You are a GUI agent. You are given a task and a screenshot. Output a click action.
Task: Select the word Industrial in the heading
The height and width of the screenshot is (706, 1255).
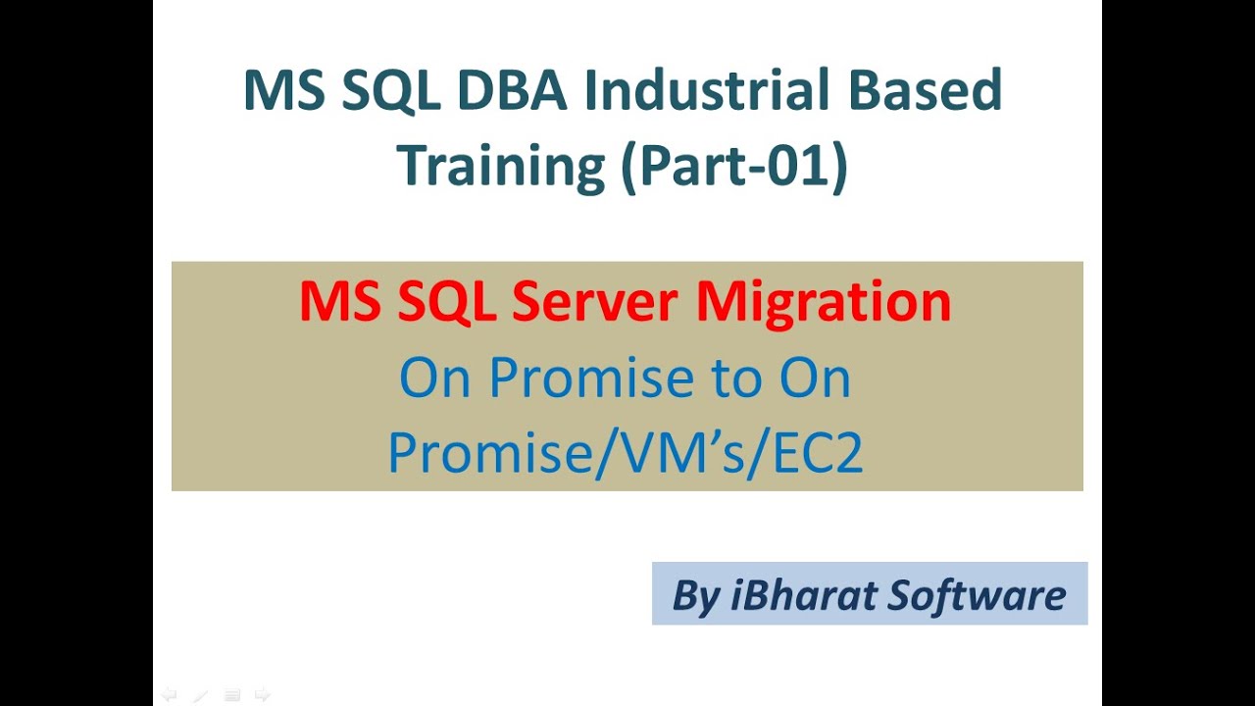(710, 90)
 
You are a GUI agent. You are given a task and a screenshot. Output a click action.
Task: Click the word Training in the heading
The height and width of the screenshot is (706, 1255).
(500, 165)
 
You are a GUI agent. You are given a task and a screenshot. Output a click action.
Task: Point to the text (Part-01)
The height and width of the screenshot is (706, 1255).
(734, 165)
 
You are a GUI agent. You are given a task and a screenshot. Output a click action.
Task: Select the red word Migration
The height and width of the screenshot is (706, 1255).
(824, 301)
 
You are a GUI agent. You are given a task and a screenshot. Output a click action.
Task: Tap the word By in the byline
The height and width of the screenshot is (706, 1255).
(695, 594)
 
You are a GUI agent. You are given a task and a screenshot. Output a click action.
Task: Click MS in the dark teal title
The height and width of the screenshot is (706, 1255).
(285, 90)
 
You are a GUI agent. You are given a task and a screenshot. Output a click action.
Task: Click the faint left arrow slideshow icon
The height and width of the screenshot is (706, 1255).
(169, 695)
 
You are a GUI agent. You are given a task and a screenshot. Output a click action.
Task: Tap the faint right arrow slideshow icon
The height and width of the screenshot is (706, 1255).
(262, 695)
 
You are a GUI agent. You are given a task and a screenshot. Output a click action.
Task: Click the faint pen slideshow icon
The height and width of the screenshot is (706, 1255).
(200, 695)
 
